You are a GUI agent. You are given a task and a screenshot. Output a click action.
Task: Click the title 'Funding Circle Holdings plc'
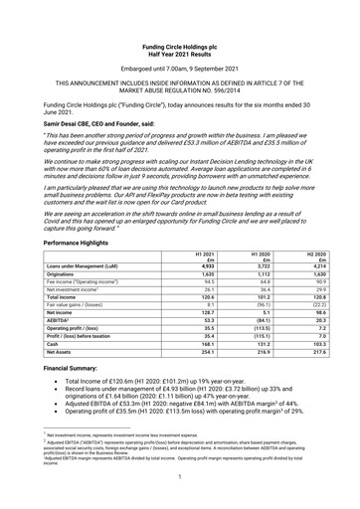pos(180,18)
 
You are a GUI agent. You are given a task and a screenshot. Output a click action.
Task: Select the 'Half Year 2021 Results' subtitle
pos(180,25)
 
